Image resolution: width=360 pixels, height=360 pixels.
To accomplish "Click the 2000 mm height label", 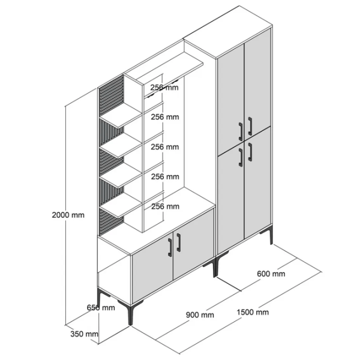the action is [68, 215].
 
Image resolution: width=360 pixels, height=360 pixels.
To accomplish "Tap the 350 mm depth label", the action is [84, 334].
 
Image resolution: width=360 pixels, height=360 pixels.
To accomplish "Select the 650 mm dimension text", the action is [101, 307].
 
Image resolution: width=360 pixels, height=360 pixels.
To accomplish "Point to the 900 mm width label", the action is [200, 315].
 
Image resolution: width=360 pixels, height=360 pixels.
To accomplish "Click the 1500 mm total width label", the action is [253, 312].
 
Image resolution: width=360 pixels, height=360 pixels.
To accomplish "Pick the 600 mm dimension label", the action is [271, 274].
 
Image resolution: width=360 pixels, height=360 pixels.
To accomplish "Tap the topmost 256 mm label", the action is [164, 88].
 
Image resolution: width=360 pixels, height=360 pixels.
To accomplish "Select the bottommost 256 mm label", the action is [165, 206].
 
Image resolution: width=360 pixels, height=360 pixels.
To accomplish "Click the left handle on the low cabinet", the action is [170, 247].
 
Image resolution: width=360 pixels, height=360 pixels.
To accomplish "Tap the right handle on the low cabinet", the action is [178, 242].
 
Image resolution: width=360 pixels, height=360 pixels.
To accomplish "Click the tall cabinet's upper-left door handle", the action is [241, 131].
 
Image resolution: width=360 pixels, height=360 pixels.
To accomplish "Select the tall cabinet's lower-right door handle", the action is [250, 152].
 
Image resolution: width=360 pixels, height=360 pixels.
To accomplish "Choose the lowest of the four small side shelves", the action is [121, 205].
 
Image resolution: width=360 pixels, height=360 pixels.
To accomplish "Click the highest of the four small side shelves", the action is [121, 115].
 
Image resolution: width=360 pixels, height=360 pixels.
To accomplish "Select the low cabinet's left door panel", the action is [152, 278].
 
